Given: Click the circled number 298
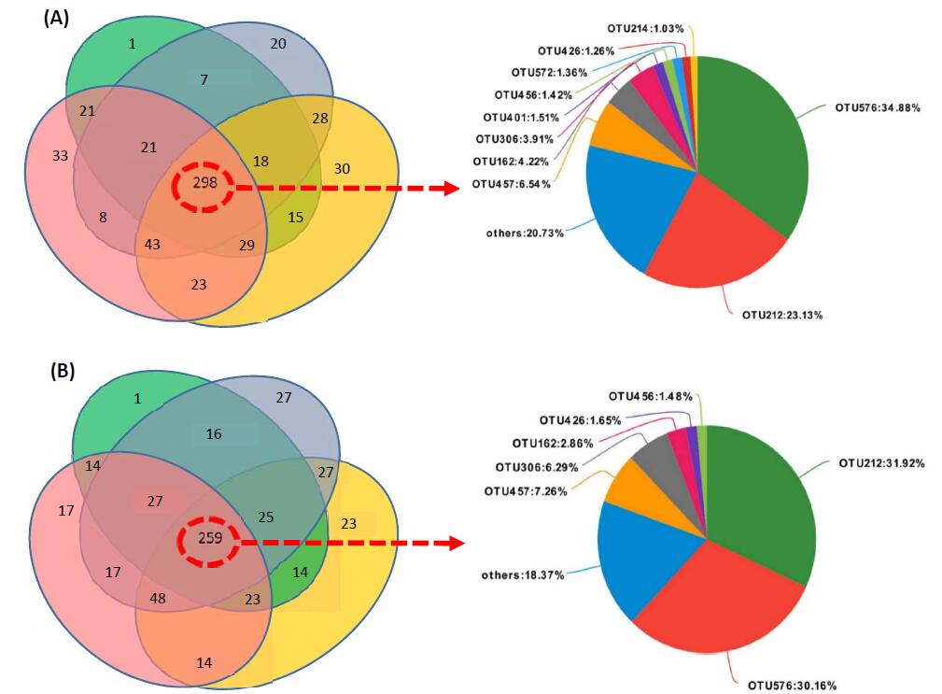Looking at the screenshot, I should coord(205,184).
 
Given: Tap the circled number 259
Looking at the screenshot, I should coord(211,539).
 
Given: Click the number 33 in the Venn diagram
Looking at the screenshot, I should coord(61,156).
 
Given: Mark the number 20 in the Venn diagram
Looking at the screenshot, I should coord(278,44).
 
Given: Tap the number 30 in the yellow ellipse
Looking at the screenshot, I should coord(341,168).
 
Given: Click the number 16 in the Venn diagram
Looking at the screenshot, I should coord(213,434).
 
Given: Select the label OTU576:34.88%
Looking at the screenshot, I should coord(877,108).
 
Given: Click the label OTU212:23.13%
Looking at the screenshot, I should coord(781,316).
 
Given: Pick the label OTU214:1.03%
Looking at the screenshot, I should coord(641,33).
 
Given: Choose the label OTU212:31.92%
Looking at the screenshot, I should coord(880,462).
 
